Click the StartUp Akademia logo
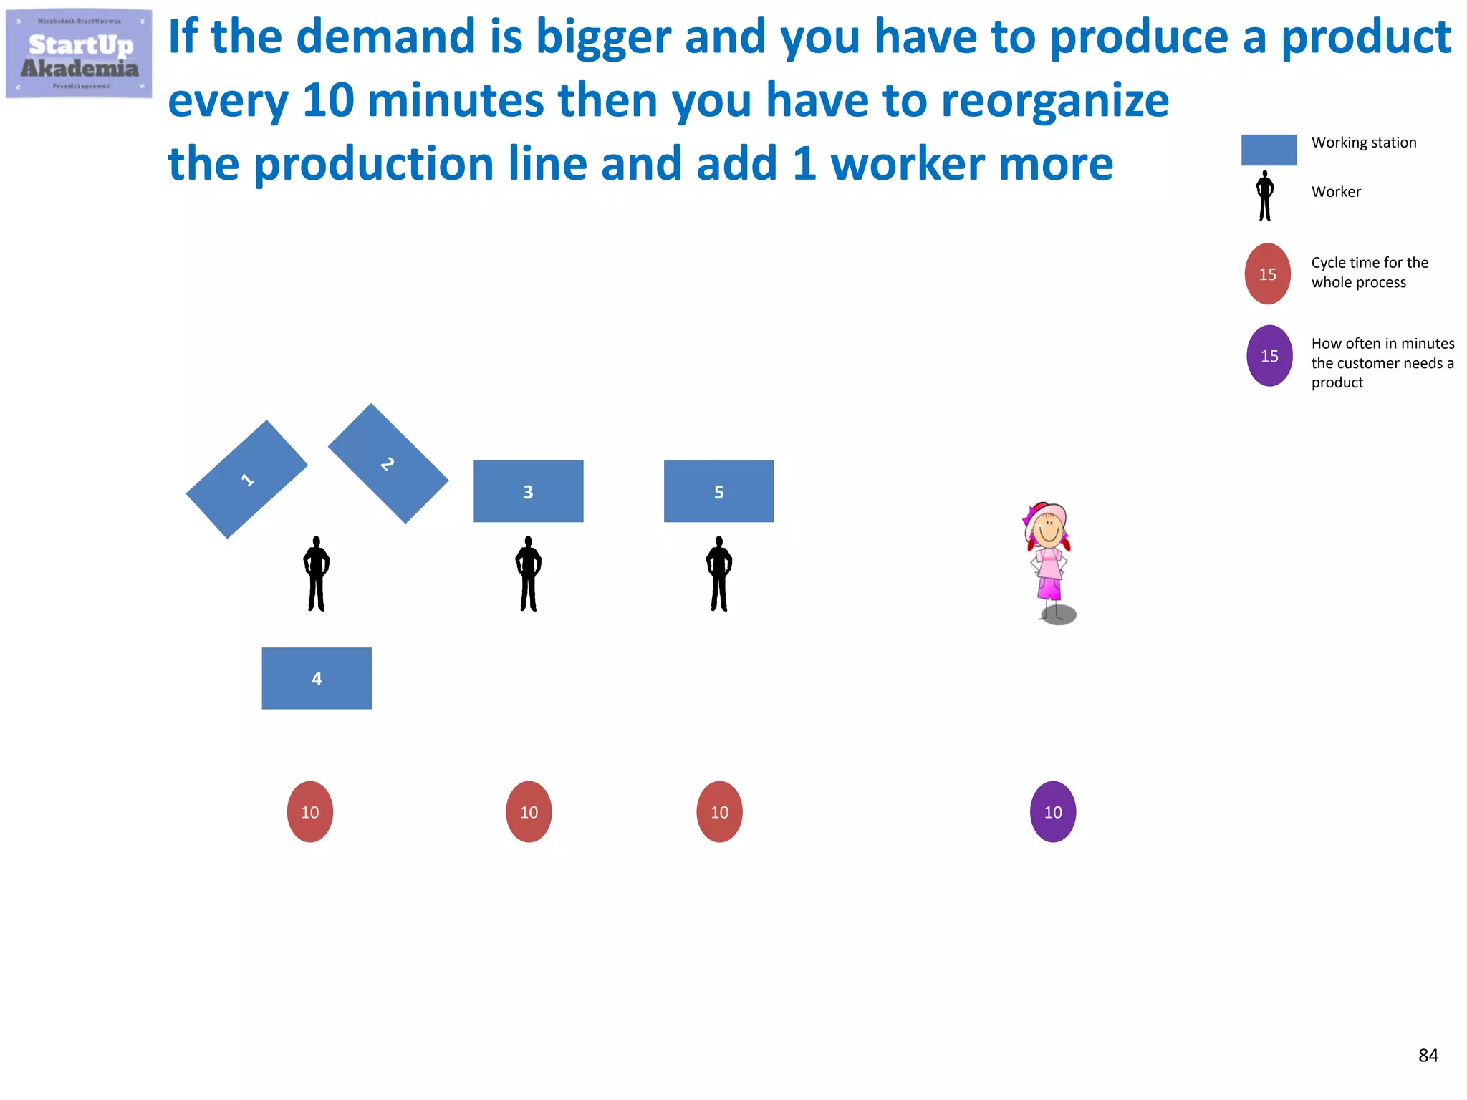79,54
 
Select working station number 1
247,479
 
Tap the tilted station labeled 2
388,463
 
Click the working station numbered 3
528,491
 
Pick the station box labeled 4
317,678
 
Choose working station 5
718,491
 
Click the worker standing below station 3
528,574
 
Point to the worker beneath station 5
718,574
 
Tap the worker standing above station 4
316,574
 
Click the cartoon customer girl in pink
1049,559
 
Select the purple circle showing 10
1052,811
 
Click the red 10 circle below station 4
309,811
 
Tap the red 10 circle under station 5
719,811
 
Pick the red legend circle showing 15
1267,274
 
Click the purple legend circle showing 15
1269,356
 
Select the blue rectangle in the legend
1268,150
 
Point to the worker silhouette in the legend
1265,196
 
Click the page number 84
1428,1055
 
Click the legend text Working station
1363,143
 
